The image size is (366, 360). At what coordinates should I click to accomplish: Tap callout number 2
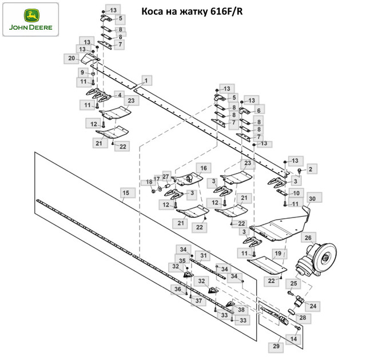tap(311, 169)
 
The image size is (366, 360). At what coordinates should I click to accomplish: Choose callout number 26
tap(308, 237)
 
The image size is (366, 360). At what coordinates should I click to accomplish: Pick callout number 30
tap(312, 199)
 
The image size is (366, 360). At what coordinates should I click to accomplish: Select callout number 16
tap(202, 168)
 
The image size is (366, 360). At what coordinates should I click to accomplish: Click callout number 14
tap(293, 339)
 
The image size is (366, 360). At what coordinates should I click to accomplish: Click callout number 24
tap(313, 306)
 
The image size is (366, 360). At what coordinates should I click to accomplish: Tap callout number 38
tap(242, 310)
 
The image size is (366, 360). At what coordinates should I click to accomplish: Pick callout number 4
tap(120, 94)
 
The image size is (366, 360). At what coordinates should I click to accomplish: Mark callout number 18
tap(149, 182)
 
